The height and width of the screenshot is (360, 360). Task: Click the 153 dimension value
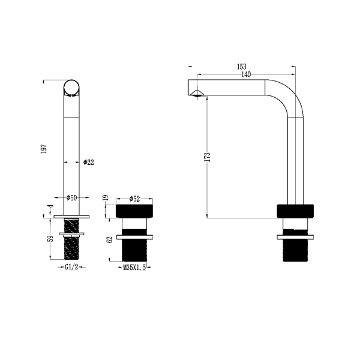coord(241,67)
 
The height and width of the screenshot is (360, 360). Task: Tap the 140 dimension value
coord(246,74)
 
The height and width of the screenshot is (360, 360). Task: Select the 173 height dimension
coord(207,157)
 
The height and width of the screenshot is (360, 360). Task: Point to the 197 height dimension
coord(44,149)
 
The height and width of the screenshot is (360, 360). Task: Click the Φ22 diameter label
coord(89,162)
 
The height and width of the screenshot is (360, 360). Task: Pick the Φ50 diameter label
coord(71,197)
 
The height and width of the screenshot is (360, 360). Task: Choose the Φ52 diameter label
coord(134,199)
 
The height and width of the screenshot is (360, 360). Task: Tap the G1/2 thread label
coord(72,267)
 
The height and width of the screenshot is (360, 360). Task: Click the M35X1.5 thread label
coord(134,268)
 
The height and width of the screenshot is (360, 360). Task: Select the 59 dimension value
coord(51,238)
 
